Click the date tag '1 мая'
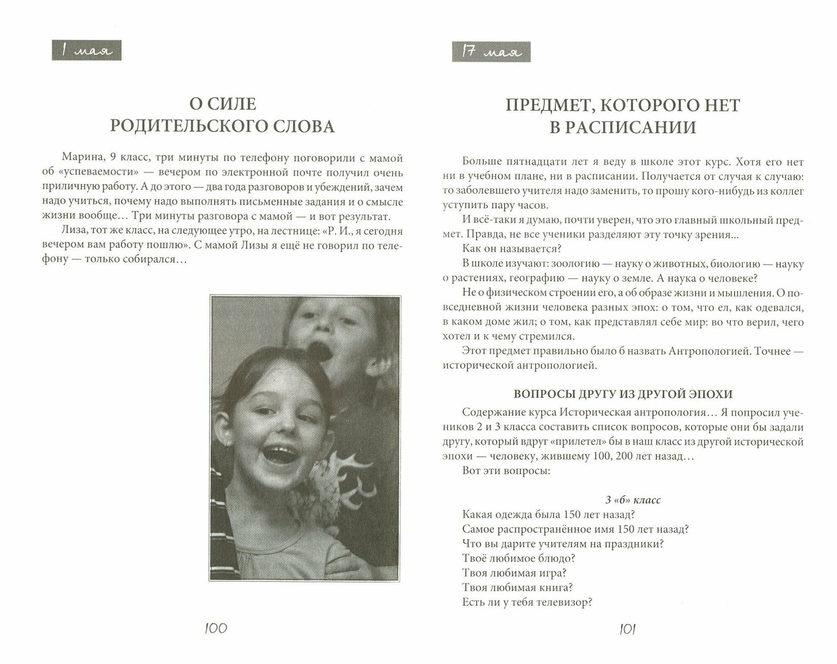click(x=87, y=51)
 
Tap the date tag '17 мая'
click(x=491, y=52)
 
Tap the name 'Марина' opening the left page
click(x=78, y=158)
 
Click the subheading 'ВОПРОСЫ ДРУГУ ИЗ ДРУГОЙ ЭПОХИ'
click(x=623, y=394)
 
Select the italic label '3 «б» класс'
click(x=633, y=500)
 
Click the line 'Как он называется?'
click(x=511, y=249)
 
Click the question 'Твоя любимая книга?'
click(x=517, y=587)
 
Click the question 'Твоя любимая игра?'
click(x=514, y=573)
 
